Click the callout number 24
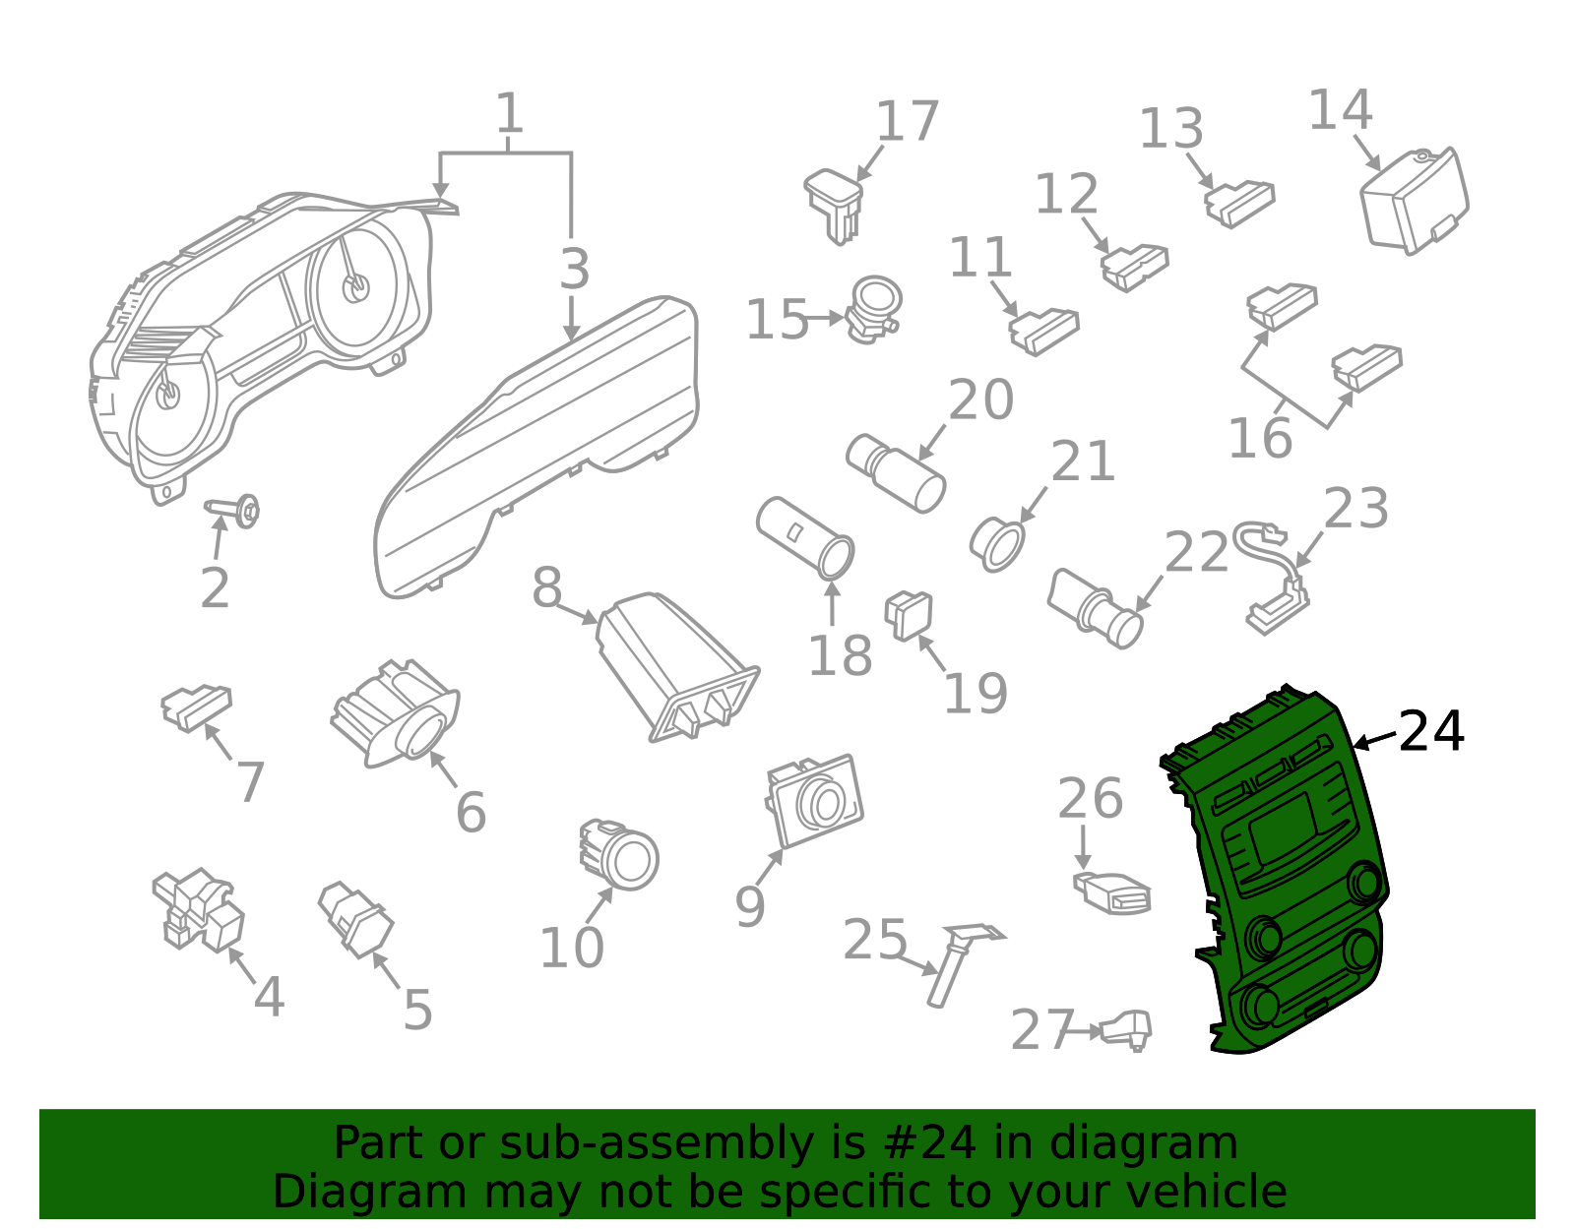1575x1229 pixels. coord(1430,731)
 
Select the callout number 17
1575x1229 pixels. coord(908,121)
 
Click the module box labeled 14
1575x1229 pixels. coord(1415,201)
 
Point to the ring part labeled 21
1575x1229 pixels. coord(997,544)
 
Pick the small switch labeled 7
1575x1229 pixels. coord(197,707)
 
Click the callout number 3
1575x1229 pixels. coord(574,269)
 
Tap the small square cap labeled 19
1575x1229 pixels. coord(909,616)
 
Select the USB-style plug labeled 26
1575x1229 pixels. coord(1111,892)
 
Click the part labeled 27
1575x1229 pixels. coord(1125,1029)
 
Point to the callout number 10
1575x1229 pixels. coord(571,948)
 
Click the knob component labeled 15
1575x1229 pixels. coord(874,309)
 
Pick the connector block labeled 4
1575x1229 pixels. coord(198,909)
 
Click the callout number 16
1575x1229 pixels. coord(1260,438)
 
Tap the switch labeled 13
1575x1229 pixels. coord(1239,205)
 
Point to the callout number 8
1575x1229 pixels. coord(546,586)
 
